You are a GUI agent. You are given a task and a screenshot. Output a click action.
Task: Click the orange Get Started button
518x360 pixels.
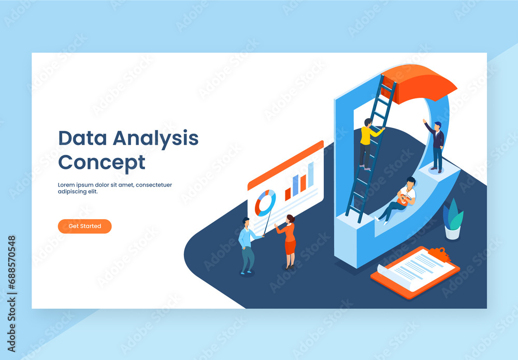[84, 226]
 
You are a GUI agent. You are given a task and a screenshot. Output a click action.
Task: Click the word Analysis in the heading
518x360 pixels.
[155, 138]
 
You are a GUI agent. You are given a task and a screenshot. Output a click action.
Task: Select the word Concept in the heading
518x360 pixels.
[102, 162]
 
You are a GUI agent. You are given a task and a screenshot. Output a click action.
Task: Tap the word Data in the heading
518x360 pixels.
[82, 138]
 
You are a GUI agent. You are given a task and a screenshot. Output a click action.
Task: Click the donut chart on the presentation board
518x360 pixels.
[265, 203]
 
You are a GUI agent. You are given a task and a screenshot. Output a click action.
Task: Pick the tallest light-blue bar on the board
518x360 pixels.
[311, 174]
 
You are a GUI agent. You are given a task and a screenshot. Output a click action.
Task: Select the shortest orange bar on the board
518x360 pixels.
[288, 194]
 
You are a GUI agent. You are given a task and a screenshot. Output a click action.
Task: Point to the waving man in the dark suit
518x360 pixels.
[437, 146]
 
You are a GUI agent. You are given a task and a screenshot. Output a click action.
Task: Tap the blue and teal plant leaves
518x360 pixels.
[453, 213]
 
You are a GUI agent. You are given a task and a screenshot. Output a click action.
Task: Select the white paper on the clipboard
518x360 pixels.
[414, 270]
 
